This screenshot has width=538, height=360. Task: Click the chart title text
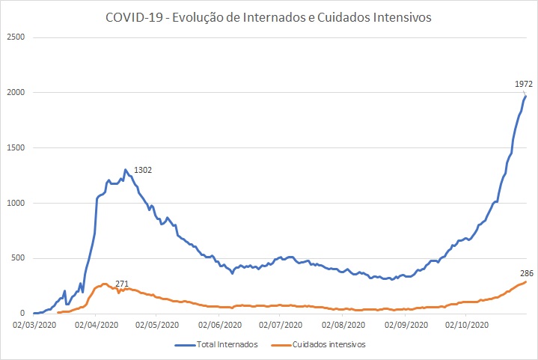269,17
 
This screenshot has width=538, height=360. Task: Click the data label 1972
523,85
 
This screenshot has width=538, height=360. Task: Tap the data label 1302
142,171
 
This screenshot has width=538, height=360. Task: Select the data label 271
123,284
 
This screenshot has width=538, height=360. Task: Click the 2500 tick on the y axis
16,37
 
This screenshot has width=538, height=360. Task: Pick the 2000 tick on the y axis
16,92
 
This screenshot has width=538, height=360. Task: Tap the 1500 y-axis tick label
16,147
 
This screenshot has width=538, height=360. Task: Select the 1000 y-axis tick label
16,203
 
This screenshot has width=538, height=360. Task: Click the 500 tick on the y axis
18,258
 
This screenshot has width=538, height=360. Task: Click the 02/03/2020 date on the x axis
34,325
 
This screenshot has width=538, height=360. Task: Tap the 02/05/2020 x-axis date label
157,325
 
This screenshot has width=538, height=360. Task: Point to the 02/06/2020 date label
220,325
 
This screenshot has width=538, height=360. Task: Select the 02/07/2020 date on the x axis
280,325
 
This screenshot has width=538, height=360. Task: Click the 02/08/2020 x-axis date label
343,325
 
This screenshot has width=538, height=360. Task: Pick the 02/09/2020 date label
406,325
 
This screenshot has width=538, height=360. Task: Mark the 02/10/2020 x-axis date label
466,325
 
